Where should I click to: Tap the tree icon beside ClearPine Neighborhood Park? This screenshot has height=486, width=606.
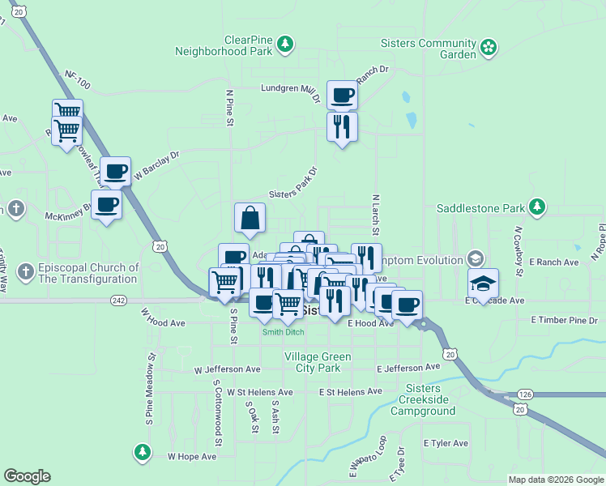[284, 43]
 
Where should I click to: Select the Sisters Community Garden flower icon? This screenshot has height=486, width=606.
[488, 49]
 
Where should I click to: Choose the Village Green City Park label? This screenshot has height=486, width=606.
[318, 362]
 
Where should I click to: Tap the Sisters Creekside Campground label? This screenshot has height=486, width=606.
[422, 405]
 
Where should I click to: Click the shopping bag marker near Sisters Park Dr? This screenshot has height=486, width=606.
[250, 217]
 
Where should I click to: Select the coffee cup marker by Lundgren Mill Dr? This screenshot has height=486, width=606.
[342, 95]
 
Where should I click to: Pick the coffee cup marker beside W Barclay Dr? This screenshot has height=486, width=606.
[115, 171]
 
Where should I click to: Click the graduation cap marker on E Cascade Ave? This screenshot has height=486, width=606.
[483, 283]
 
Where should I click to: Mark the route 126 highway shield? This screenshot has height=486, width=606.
[524, 394]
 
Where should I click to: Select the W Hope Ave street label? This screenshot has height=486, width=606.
[192, 456]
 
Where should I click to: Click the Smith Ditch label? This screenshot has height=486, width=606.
[283, 332]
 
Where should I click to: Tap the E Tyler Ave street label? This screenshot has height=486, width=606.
[446, 443]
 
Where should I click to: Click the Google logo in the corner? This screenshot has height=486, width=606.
[27, 476]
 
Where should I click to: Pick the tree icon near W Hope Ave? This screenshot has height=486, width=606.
[142, 450]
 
